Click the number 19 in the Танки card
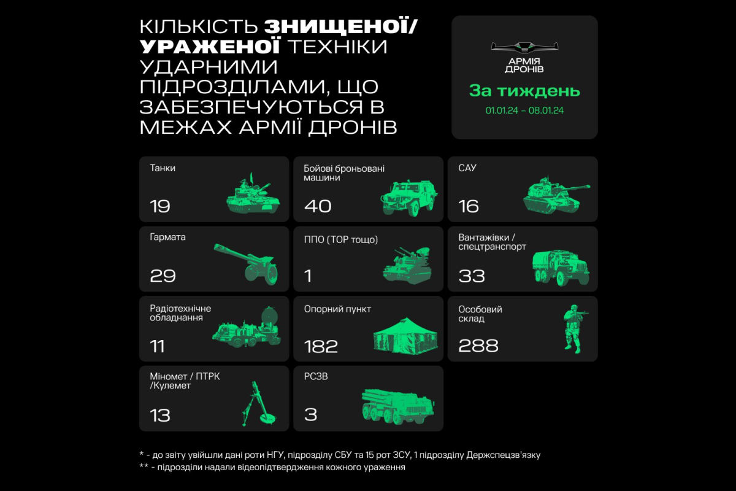(x=160, y=206)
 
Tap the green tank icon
(x=253, y=194)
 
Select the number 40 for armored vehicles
(x=318, y=206)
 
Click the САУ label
(x=467, y=168)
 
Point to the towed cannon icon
(x=246, y=264)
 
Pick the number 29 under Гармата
(x=163, y=276)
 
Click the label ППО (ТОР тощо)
(x=341, y=239)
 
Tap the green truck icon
(x=561, y=268)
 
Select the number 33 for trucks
(x=472, y=276)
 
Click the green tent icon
(x=405, y=336)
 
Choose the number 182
(x=321, y=346)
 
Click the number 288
(x=478, y=346)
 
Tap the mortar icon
(x=259, y=404)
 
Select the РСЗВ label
(x=316, y=376)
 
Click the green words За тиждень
(x=525, y=91)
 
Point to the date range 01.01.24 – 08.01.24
(x=524, y=110)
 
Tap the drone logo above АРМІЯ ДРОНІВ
(x=524, y=48)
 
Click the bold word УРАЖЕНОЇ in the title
(x=210, y=47)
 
